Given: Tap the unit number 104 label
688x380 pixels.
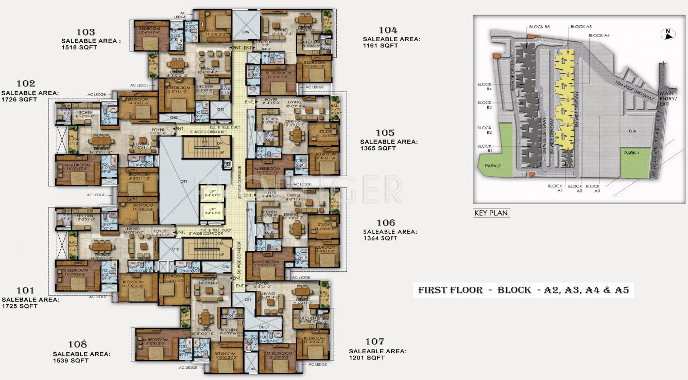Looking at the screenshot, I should (387, 30).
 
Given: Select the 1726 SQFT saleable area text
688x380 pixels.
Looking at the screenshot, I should (19, 99).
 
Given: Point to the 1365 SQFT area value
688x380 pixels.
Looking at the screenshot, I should (378, 148).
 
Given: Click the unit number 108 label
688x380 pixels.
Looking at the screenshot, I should (77, 344).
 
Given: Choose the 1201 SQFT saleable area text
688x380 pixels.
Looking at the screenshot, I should (367, 358).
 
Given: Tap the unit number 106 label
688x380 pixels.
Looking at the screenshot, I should (386, 223).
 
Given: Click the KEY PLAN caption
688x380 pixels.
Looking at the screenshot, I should (491, 213).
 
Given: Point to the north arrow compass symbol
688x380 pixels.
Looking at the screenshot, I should (667, 34).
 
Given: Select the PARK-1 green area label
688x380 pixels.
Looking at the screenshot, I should (631, 153).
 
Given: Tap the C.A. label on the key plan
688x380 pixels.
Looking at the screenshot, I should (633, 131).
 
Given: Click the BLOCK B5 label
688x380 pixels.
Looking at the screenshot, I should (539, 27).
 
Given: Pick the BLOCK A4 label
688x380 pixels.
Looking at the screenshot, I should (599, 36).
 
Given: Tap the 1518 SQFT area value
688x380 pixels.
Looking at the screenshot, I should (79, 47).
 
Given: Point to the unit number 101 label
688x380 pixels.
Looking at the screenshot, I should (24, 290).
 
